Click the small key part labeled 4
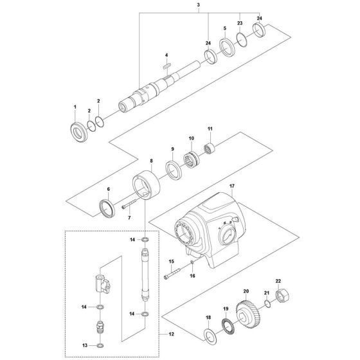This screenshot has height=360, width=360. tap(166, 65)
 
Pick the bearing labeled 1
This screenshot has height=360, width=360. tap(77, 129)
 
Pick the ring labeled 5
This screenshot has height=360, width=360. tap(226, 48)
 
